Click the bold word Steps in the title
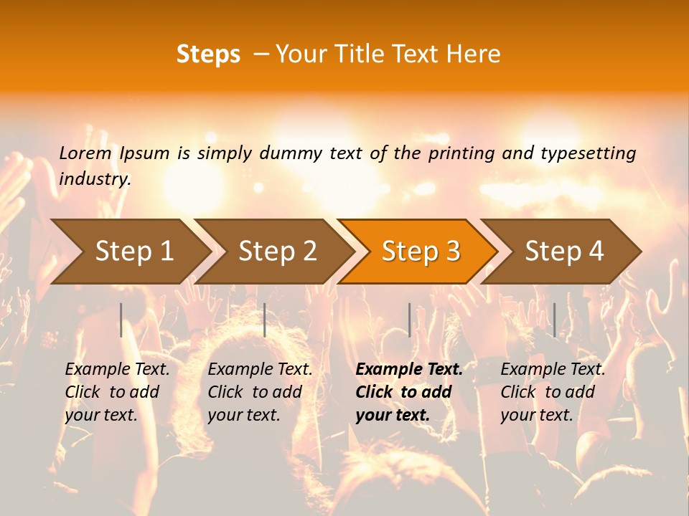[208, 54]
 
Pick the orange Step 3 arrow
[421, 251]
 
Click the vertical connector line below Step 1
[121, 320]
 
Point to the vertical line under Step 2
[265, 320]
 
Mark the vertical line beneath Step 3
[409, 320]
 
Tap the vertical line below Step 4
[554, 320]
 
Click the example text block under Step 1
[116, 392]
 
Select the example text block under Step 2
[259, 392]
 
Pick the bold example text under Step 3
[408, 392]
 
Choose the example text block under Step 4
[552, 392]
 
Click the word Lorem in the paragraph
[85, 153]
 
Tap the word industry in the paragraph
[94, 179]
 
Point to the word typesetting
[588, 153]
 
